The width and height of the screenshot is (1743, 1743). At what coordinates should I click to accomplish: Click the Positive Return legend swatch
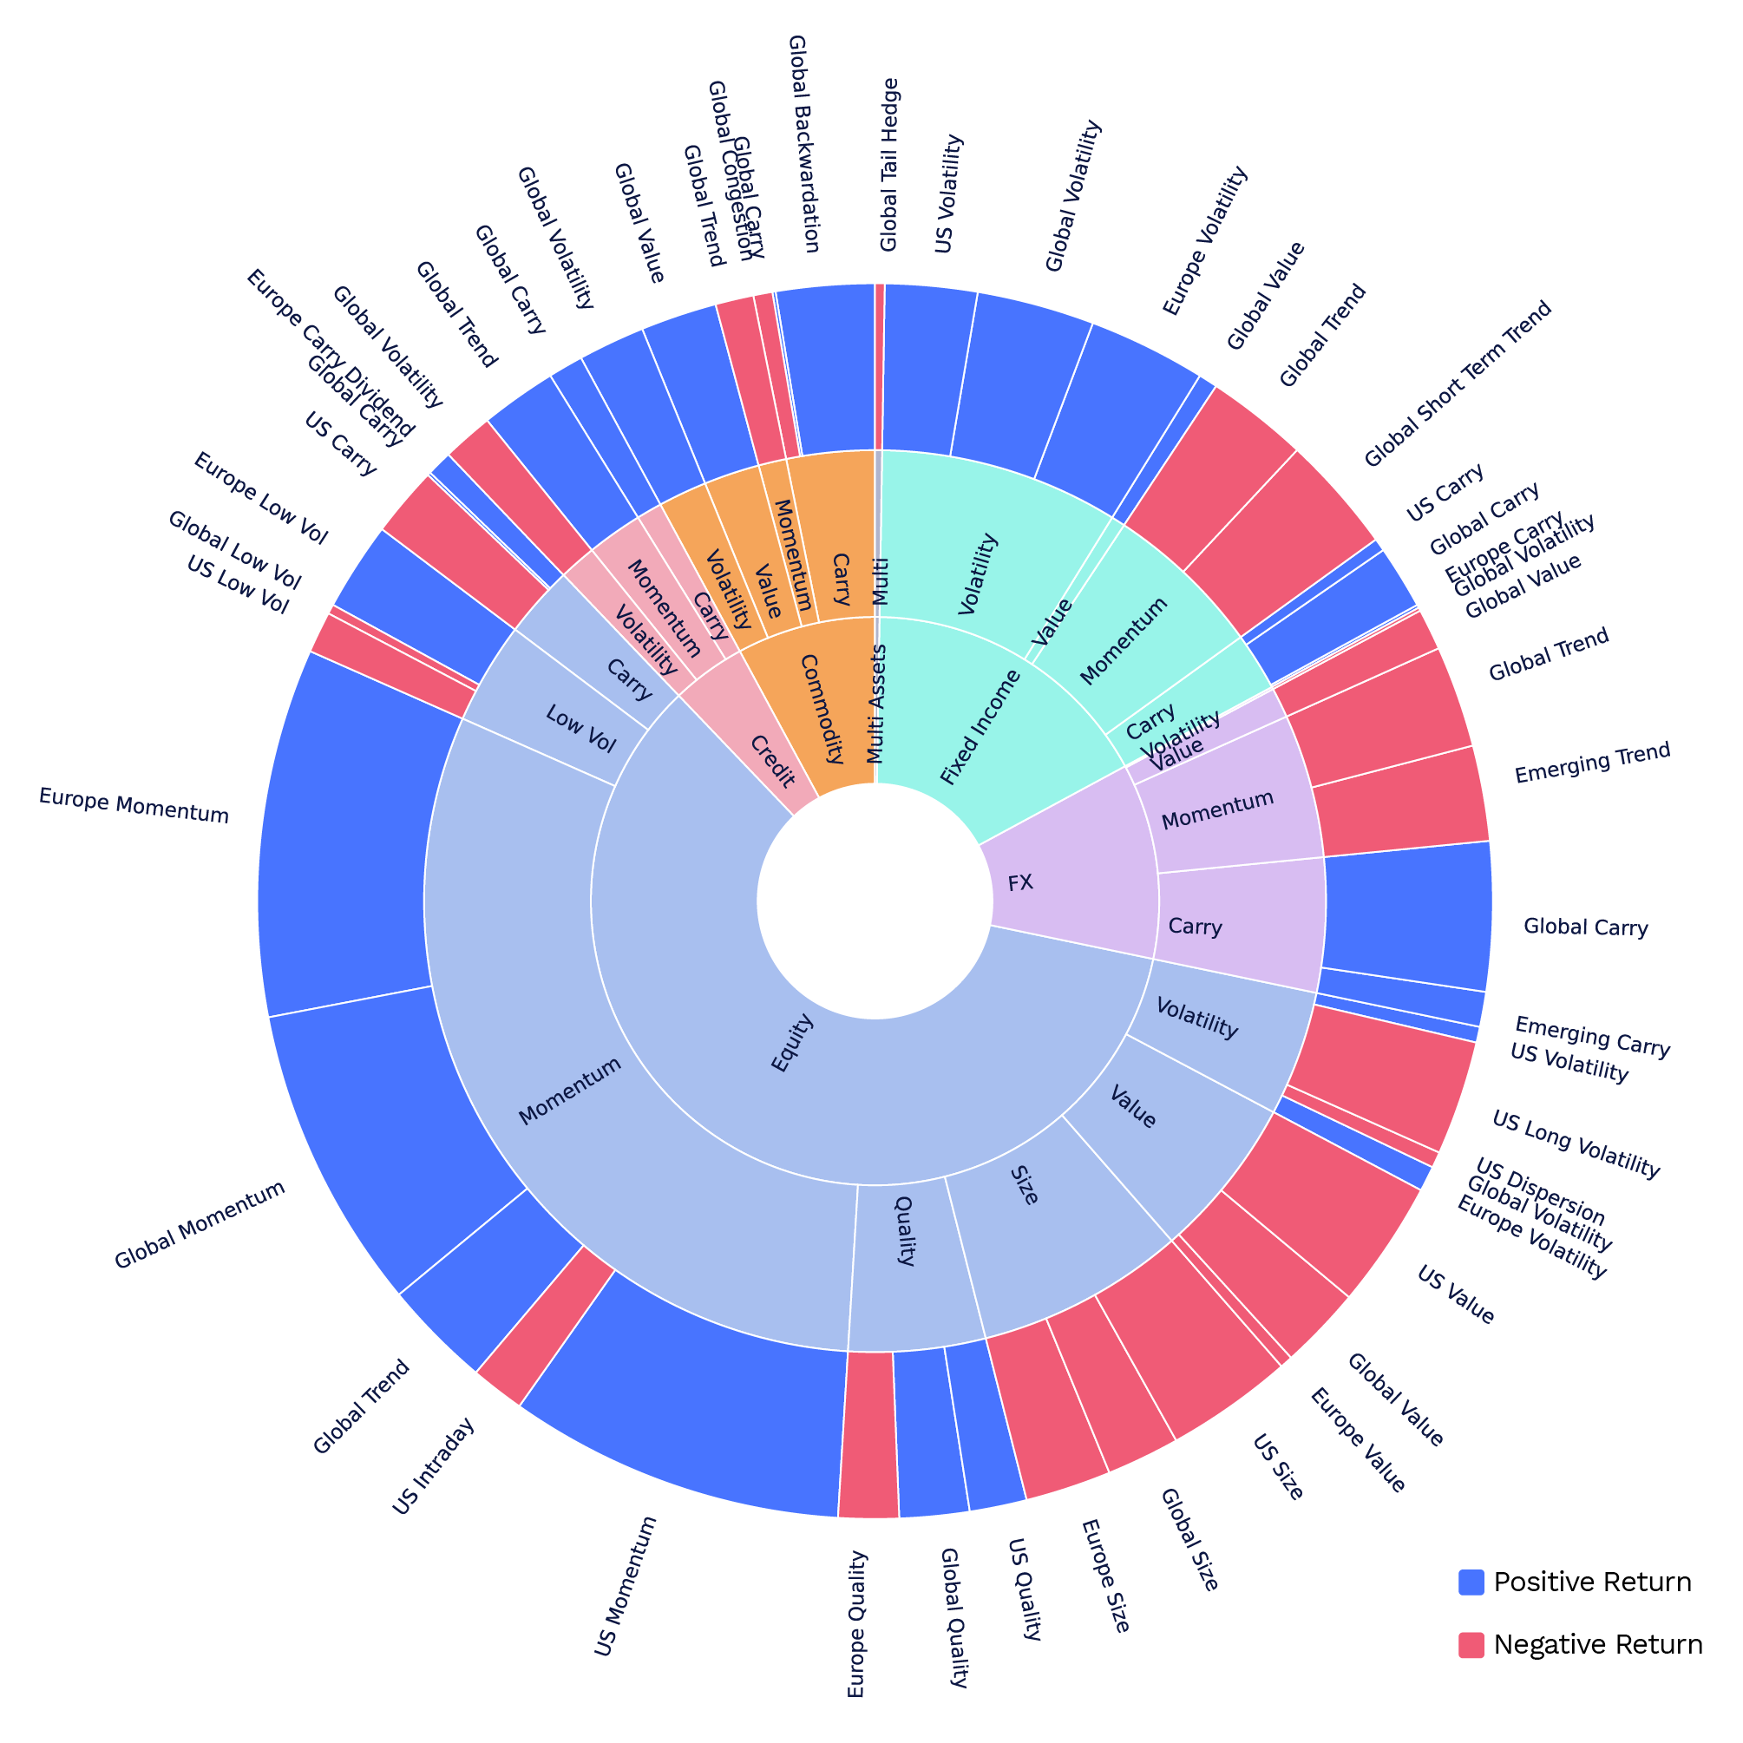[x=1471, y=1582]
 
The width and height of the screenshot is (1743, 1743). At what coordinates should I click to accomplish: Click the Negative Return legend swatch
[x=1471, y=1645]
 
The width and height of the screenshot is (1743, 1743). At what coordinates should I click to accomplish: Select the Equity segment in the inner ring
[x=792, y=1043]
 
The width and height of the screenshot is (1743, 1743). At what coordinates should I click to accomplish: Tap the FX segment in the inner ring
[x=1020, y=883]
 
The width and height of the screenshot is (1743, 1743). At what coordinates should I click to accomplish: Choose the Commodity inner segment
[x=821, y=709]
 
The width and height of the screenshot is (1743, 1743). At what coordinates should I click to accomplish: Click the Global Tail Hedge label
[x=888, y=164]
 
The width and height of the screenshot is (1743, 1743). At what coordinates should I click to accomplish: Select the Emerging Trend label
[x=1592, y=763]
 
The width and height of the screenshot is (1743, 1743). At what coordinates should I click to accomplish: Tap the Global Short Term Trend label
[x=1457, y=383]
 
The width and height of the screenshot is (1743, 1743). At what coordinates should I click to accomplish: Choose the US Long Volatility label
[x=1576, y=1145]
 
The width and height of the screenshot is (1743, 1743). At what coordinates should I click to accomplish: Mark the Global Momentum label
[x=200, y=1225]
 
